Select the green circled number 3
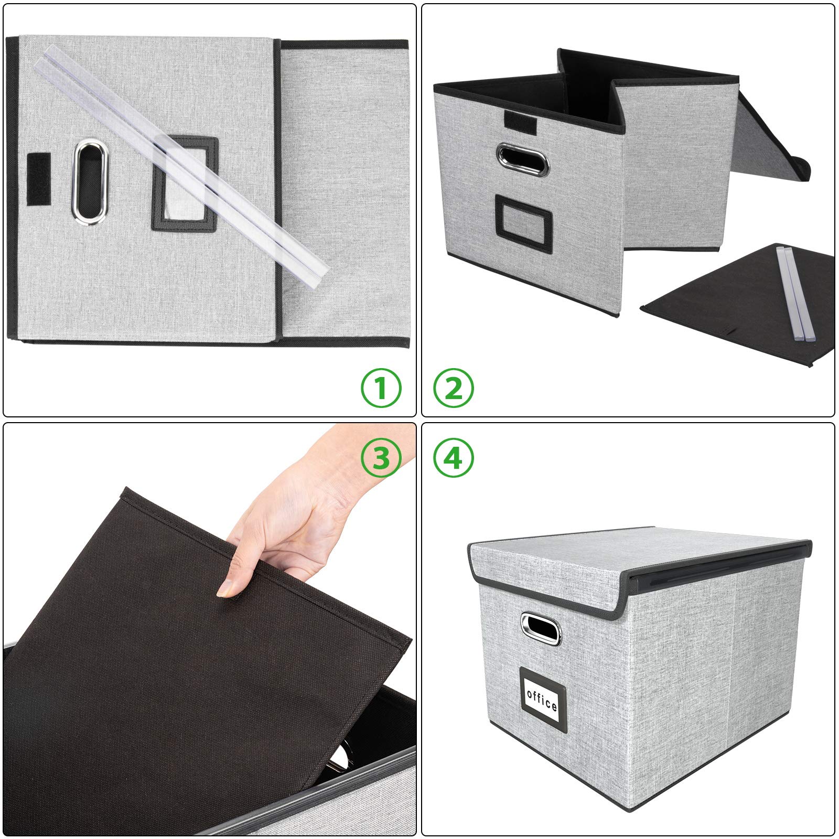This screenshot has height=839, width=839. click(381, 458)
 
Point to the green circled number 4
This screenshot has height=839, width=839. click(454, 458)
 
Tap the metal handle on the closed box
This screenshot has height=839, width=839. click(541, 629)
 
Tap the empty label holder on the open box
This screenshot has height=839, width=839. click(521, 217)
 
